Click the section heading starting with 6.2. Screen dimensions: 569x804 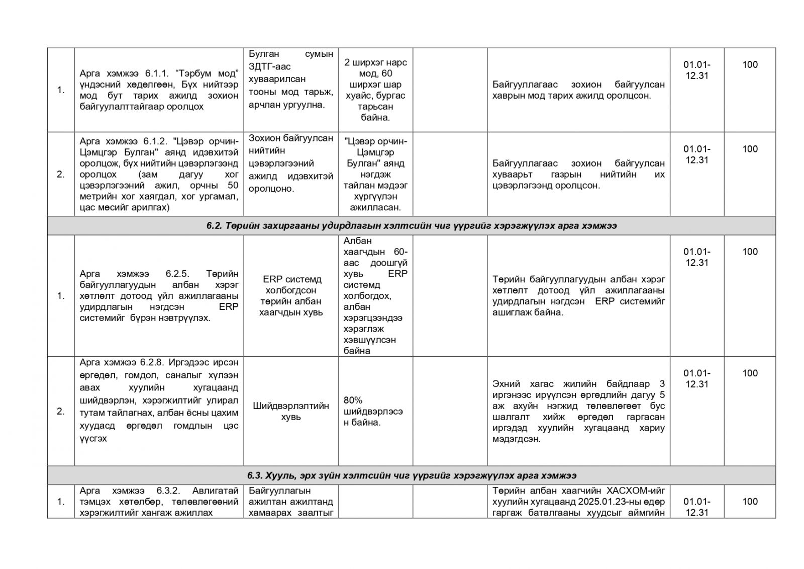(411, 226)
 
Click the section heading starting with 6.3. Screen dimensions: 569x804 (411, 475)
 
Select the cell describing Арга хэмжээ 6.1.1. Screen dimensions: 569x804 (159, 90)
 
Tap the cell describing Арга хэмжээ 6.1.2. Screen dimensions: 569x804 (159, 174)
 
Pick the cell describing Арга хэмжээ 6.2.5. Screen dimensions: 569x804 (159, 296)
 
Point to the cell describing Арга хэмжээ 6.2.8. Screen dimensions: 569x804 (159, 400)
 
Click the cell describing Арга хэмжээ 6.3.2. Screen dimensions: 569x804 (159, 502)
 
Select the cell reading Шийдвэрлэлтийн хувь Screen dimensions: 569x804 (291, 411)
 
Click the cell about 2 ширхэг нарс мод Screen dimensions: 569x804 (375, 90)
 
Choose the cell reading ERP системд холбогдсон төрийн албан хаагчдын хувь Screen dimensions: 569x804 (291, 296)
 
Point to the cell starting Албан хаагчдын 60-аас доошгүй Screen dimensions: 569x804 (375, 296)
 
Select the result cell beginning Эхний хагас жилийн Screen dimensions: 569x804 (578, 411)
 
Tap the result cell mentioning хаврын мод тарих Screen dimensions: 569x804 (578, 90)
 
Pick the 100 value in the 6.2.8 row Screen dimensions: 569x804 (750, 373)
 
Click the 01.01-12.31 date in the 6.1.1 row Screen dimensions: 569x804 (696, 70)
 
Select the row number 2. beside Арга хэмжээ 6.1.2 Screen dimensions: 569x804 (61, 175)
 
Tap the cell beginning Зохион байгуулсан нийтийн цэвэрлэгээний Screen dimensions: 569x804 (291, 164)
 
